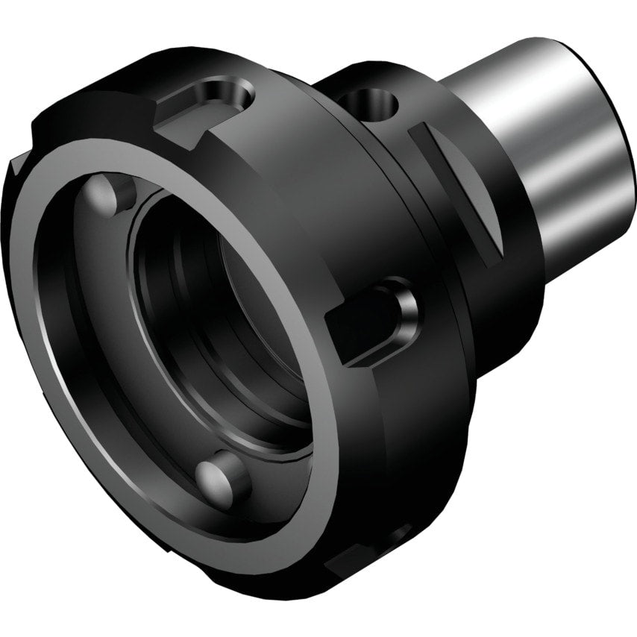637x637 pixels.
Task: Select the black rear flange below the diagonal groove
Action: pos(500,313)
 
